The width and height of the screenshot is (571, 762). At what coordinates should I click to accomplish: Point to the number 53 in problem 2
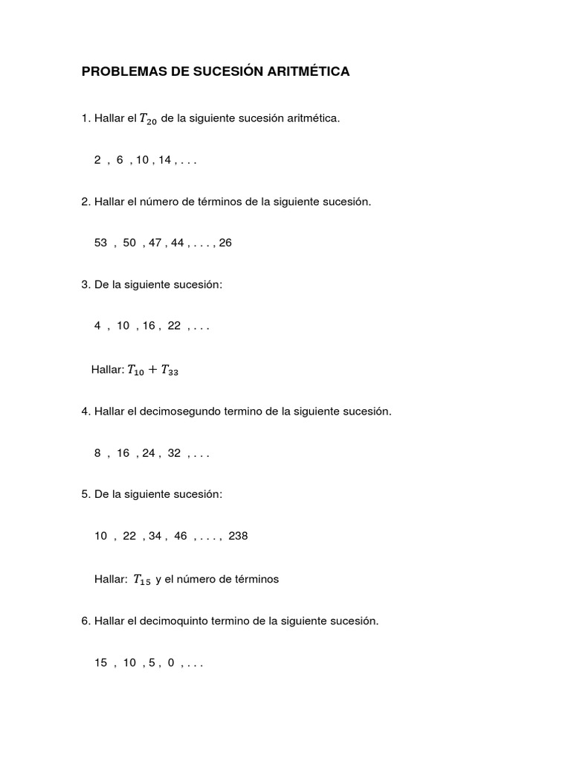pos(101,243)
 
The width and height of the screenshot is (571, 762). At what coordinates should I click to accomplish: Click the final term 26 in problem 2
pos(225,243)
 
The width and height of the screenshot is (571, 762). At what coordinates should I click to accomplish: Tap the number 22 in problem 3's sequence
pos(174,326)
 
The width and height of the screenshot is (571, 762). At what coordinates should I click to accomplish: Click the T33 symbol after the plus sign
pos(169,371)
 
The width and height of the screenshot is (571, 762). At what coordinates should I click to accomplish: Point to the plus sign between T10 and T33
pos(154,371)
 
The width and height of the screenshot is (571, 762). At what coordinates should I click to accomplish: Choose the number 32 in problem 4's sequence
pos(174,452)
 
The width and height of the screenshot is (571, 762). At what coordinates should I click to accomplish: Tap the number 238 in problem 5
pos(239,536)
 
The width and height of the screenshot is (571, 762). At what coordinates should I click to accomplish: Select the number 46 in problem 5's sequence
pos(180,536)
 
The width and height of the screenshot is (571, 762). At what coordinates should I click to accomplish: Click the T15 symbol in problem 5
pos(141,580)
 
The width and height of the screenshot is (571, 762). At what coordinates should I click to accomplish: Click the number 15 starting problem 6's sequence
pos(101,662)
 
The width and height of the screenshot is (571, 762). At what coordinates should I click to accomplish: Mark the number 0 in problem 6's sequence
pos(170,662)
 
